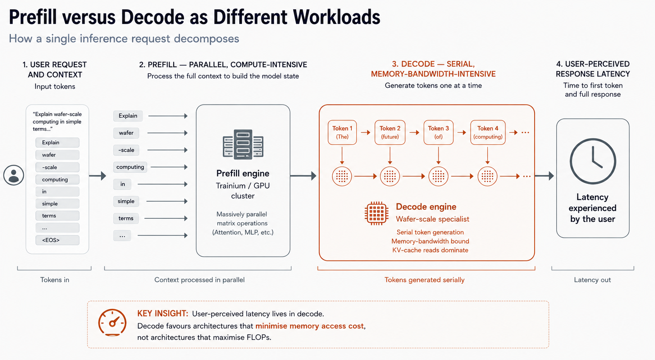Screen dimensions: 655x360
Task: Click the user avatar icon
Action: [x=14, y=175]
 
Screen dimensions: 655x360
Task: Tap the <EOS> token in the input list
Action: [x=57, y=240]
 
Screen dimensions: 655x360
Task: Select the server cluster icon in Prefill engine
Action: [x=243, y=144]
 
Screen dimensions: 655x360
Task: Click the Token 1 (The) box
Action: [x=342, y=132]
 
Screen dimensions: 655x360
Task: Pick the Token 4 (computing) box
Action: [x=488, y=132]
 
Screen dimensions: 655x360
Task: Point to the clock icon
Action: [x=593, y=161]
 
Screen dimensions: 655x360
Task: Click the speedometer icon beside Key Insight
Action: [x=112, y=322]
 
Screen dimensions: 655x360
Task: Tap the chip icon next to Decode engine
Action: [x=376, y=213]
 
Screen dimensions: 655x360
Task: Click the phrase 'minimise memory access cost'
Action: [x=309, y=326]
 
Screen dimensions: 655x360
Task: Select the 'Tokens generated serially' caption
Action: [x=424, y=280]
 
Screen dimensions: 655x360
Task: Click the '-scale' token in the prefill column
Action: [x=126, y=150]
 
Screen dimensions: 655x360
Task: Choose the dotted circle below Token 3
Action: [x=438, y=176]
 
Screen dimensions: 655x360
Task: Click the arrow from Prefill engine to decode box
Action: [x=303, y=176]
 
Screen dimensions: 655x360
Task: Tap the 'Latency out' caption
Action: [x=592, y=280]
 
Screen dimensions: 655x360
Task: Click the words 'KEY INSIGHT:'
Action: [x=163, y=314]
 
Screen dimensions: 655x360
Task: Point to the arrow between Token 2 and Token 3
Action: [x=414, y=132]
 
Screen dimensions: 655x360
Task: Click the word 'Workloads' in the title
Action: [x=337, y=17]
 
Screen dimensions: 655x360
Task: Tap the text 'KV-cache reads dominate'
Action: [x=430, y=250]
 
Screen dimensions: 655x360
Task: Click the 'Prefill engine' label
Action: [x=243, y=173]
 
